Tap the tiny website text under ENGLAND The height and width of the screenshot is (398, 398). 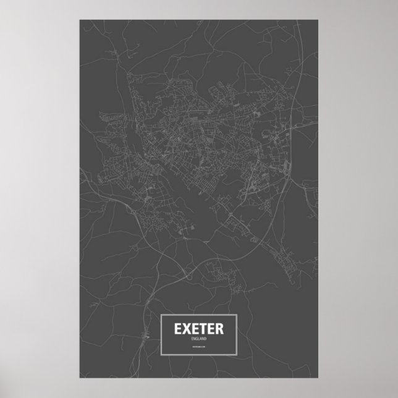pyautogui.click(x=199, y=346)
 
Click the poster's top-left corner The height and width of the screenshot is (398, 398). pyautogui.click(x=80, y=20)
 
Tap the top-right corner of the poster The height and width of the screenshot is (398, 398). pyautogui.click(x=318, y=20)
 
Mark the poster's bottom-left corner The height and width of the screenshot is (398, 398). pyautogui.click(x=80, y=378)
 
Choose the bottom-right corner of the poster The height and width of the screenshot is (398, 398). pyautogui.click(x=318, y=378)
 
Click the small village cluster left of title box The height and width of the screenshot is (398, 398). pyautogui.click(x=146, y=336)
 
